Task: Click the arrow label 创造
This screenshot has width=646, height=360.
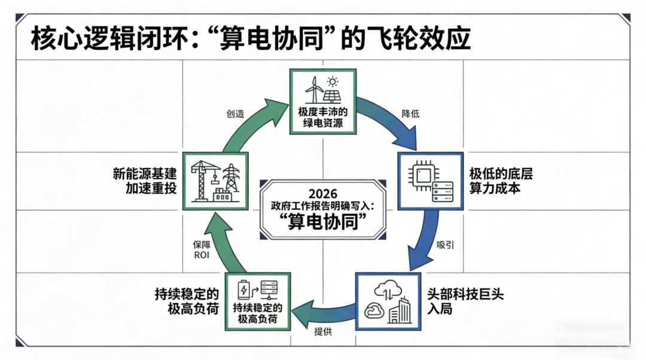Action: click(x=235, y=114)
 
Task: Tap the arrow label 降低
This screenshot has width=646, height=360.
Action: click(x=410, y=114)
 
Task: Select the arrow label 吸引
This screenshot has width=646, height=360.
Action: click(x=445, y=245)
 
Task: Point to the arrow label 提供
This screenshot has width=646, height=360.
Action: click(x=323, y=331)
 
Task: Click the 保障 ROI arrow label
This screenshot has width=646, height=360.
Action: click(x=202, y=250)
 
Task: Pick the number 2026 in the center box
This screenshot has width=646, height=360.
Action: click(x=323, y=194)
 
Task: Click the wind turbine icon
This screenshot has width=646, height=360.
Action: click(x=315, y=90)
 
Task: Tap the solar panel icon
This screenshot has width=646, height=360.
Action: click(x=332, y=91)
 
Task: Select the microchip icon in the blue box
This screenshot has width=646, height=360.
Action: click(x=421, y=176)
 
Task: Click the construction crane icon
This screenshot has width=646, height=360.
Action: click(x=203, y=181)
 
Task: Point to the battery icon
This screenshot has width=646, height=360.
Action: click(x=244, y=289)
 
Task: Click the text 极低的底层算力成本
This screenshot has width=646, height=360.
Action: click(x=501, y=181)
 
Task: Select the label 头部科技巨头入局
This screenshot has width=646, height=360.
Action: click(x=465, y=301)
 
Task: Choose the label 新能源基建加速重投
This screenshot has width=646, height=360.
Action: click(x=145, y=181)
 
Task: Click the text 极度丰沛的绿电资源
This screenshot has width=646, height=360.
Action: click(x=323, y=117)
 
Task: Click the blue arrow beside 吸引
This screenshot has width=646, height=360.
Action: click(x=423, y=239)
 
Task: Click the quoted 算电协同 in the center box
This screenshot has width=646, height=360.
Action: click(x=323, y=222)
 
